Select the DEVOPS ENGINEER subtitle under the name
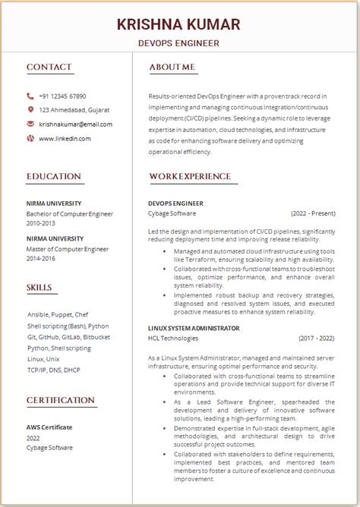pyautogui.click(x=179, y=43)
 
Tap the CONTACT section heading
pyautogui.click(x=49, y=68)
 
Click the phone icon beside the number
pyautogui.click(x=30, y=96)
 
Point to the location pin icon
pyautogui.click(x=30, y=110)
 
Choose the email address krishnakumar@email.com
pyautogui.click(x=75, y=124)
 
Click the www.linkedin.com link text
pyautogui.click(x=65, y=138)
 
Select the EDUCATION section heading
pyautogui.click(x=54, y=177)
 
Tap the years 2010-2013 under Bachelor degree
pyautogui.click(x=41, y=224)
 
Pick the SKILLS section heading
pyautogui.click(x=39, y=288)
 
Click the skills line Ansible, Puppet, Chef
pyautogui.click(x=58, y=314)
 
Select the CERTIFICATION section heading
pyautogui.click(x=61, y=400)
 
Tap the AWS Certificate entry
pyautogui.click(x=50, y=427)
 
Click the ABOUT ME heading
pyautogui.click(x=172, y=68)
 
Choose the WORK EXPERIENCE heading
pyautogui.click(x=190, y=177)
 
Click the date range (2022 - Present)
pyautogui.click(x=313, y=214)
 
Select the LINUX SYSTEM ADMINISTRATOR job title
pyautogui.click(x=194, y=328)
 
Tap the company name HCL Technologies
pyautogui.click(x=173, y=338)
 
